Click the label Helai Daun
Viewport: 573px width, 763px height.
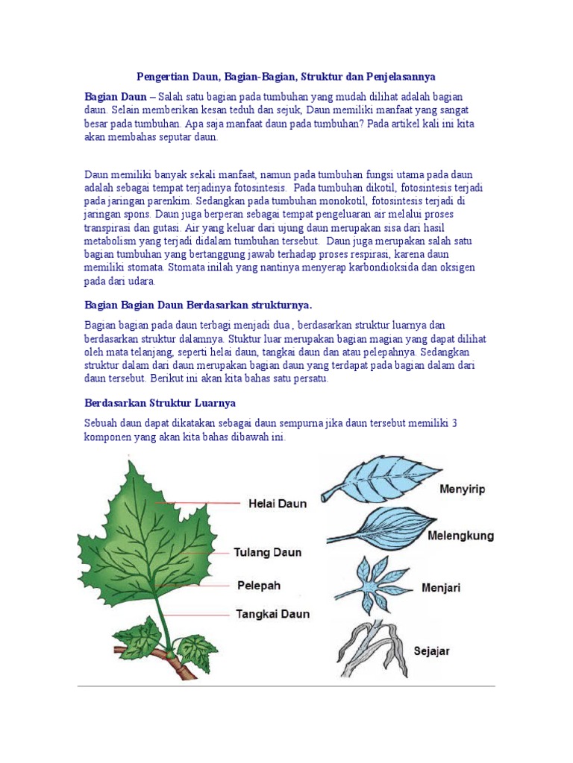pos(277,504)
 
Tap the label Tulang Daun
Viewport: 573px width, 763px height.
pos(268,553)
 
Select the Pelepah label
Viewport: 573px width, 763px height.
pos(258,586)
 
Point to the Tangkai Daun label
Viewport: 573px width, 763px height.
pos(272,615)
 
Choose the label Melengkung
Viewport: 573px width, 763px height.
pos(460,536)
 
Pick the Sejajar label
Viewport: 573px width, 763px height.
pos(431,651)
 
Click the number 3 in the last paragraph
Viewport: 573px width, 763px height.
pos(454,423)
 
